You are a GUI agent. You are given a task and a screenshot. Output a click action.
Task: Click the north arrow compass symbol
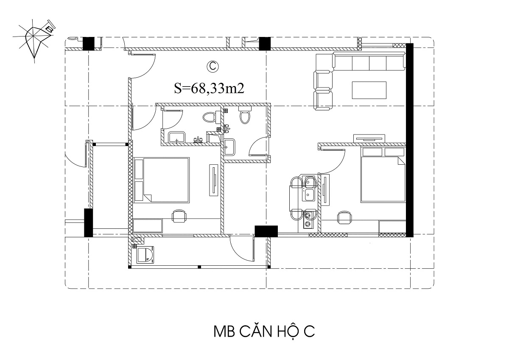point(34,41)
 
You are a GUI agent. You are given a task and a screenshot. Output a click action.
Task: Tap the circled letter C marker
point(213,67)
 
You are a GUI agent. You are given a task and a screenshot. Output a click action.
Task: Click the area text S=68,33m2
point(209,88)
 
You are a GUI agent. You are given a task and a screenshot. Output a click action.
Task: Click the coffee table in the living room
point(369,90)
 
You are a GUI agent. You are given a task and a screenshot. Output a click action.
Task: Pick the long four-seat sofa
point(369,61)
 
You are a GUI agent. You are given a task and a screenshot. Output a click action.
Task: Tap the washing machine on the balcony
point(145,255)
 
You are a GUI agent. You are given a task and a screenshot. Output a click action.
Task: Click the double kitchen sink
point(310,189)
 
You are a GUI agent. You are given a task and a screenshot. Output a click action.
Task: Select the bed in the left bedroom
point(162,180)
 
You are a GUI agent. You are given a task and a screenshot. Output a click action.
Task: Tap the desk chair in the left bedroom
point(179,216)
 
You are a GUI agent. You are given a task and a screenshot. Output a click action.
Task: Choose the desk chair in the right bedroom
point(344,217)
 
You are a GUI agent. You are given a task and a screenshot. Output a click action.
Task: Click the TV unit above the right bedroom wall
point(369,138)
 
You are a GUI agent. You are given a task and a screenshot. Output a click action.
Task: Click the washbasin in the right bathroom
point(229,147)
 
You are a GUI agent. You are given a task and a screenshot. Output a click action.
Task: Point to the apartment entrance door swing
point(143,66)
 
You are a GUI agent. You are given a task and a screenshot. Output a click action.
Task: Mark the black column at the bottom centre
point(266,231)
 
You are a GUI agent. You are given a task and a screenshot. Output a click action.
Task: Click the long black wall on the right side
point(409,140)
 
